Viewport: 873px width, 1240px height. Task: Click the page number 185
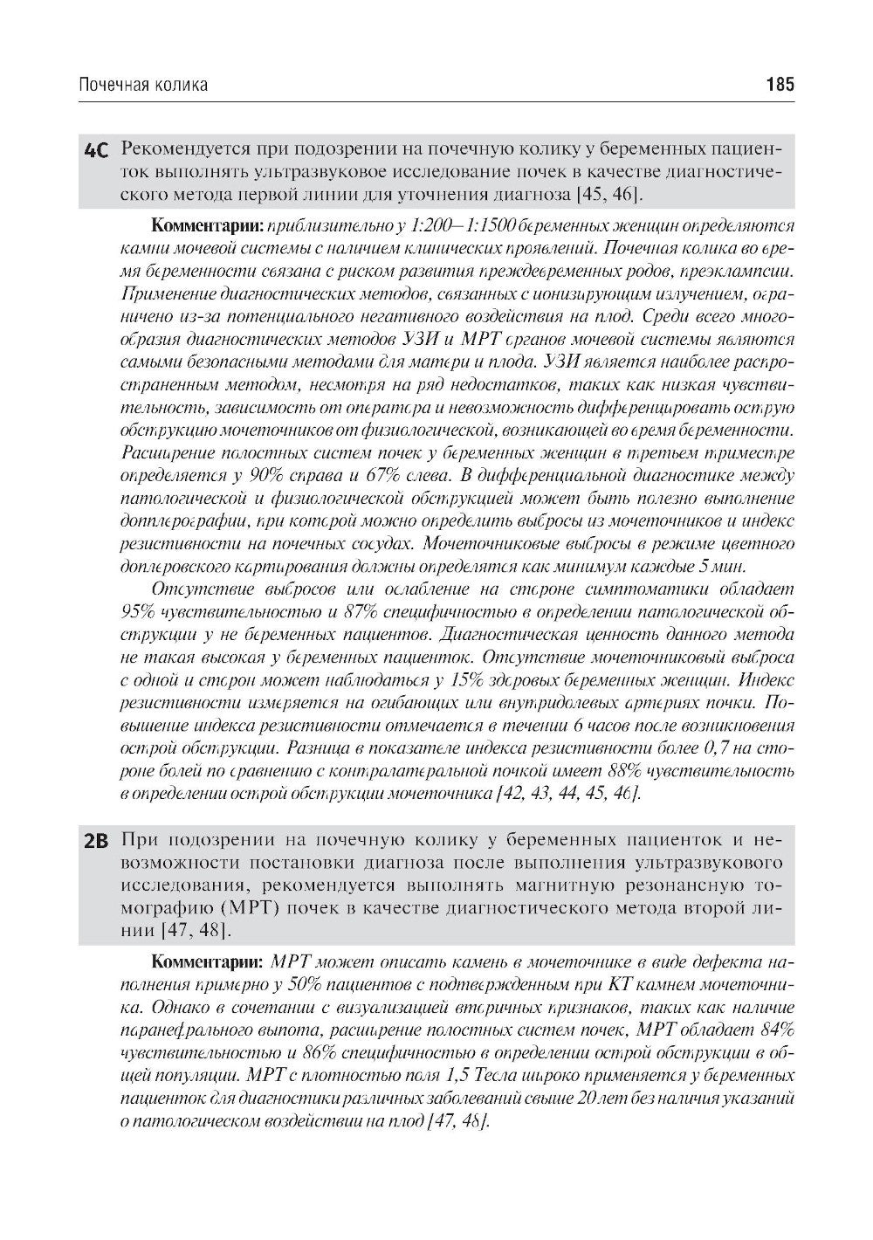(779, 85)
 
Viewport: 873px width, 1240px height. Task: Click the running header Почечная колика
(143, 85)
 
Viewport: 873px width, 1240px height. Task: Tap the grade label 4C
(96, 150)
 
